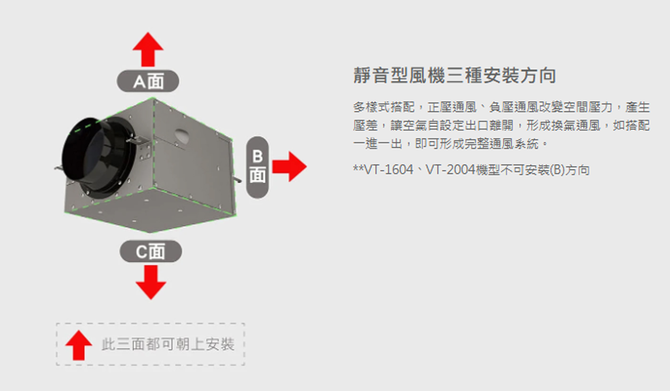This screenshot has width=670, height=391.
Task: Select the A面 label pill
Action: click(x=148, y=81)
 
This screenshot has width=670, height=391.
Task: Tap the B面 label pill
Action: click(x=257, y=167)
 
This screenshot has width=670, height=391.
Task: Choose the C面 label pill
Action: click(x=151, y=252)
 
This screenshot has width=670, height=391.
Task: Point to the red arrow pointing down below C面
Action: click(x=151, y=282)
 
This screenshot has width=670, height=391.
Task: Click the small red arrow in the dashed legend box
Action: click(x=79, y=345)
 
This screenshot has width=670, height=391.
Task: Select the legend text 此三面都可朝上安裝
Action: click(x=168, y=344)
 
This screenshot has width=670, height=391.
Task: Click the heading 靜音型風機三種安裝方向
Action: click(x=455, y=75)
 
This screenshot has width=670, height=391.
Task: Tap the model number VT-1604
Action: click(x=388, y=170)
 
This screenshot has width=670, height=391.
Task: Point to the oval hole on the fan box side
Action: click(x=182, y=135)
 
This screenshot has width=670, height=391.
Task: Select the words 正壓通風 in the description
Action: click(x=452, y=107)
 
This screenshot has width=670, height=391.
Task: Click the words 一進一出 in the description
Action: click(x=378, y=144)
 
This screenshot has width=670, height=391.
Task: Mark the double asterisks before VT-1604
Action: click(x=358, y=168)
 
